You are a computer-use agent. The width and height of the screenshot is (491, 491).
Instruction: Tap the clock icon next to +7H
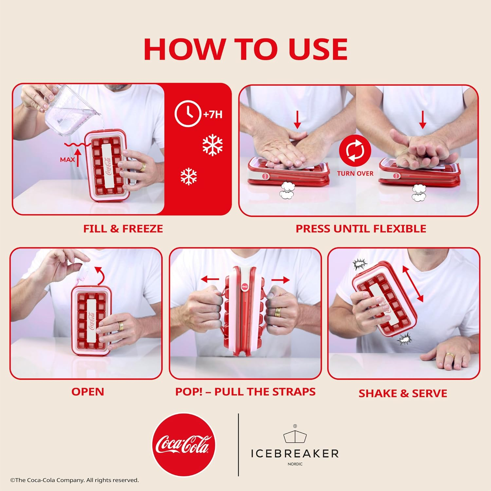188,113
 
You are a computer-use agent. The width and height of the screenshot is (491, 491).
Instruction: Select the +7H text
213,114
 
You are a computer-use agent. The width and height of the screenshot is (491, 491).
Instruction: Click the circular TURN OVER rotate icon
355,151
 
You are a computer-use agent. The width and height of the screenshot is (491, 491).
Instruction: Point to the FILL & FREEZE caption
123,228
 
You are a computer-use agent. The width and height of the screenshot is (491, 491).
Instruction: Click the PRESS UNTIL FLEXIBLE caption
361,228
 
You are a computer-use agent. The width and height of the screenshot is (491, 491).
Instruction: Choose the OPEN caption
87,391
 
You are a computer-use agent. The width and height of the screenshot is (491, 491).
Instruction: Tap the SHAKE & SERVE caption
403,393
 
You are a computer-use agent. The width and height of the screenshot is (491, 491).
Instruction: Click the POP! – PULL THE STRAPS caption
245,391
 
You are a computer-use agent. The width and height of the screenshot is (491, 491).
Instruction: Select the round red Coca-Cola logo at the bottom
183,445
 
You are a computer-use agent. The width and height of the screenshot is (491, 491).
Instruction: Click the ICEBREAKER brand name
295,453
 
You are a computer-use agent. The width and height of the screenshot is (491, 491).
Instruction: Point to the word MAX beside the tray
67,160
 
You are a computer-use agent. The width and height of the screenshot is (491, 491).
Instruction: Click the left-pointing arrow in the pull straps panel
210,280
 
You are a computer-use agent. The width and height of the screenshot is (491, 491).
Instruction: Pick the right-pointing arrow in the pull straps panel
281,280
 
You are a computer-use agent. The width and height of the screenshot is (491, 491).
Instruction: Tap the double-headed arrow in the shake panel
413,284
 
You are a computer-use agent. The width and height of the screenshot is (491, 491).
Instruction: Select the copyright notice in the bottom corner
74,480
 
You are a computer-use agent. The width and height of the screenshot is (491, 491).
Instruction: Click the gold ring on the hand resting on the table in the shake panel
449,355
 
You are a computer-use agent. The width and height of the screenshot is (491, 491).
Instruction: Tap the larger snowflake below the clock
212,144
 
